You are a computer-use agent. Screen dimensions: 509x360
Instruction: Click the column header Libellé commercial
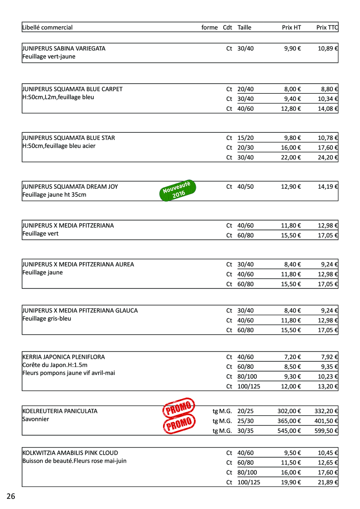click(47, 28)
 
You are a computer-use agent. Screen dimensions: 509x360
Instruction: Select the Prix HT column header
click(291, 28)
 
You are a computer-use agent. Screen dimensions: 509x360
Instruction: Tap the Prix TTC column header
click(327, 28)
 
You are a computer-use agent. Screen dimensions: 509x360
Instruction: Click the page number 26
click(11, 496)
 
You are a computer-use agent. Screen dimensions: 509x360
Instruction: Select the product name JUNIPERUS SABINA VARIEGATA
click(64, 48)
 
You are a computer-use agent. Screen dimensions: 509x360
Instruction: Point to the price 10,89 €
click(328, 48)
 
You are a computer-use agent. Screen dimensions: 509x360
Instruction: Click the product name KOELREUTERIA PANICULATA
click(60, 411)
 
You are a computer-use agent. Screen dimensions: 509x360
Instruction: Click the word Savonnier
click(36, 419)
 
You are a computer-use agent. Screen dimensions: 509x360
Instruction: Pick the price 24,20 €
click(328, 157)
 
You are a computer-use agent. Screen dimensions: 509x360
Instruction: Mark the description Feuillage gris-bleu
click(47, 319)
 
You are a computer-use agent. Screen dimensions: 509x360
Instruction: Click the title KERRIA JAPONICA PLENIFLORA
click(63, 357)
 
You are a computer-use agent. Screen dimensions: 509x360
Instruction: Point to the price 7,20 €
click(292, 357)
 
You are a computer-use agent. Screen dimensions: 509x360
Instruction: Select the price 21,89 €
click(328, 482)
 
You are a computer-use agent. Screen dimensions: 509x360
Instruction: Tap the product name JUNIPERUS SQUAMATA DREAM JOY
click(70, 187)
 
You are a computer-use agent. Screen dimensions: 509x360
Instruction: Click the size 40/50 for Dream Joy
click(245, 187)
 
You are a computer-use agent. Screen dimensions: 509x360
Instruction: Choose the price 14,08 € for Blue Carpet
click(328, 109)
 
